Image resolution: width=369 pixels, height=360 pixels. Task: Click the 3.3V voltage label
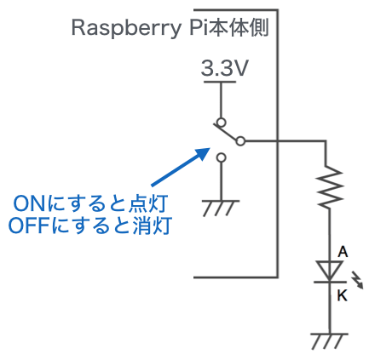(x=225, y=68)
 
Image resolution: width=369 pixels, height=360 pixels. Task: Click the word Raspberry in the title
(x=126, y=29)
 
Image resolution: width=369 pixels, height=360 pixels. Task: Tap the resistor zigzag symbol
(x=330, y=186)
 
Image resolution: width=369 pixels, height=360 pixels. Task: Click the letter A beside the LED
(x=343, y=252)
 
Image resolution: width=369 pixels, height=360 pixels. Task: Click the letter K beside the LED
(x=343, y=296)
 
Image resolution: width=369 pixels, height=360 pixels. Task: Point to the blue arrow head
(x=202, y=154)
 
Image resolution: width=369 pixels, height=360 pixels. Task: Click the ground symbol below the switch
(x=221, y=209)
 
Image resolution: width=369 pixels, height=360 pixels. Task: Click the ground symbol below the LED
(x=330, y=341)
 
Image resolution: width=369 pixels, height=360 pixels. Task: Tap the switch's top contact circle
(x=222, y=123)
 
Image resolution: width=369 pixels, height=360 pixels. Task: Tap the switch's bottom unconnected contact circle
(x=222, y=157)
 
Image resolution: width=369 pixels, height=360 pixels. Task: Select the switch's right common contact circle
(x=240, y=141)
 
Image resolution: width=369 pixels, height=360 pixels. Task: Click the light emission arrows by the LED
(x=357, y=280)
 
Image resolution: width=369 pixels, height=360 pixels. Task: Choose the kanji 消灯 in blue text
(x=152, y=226)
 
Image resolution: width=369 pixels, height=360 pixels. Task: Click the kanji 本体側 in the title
(x=238, y=28)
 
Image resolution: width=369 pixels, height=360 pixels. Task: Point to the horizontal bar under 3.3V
(x=220, y=82)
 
